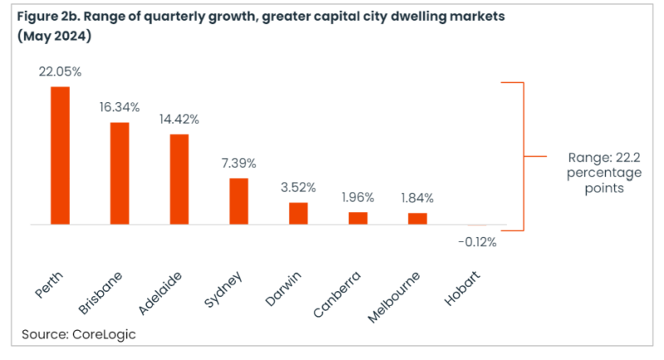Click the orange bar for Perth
[61, 155]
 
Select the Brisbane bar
[120, 173]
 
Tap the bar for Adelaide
[179, 179]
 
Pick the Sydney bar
[239, 202]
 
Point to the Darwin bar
[298, 213]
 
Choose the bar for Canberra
[358, 218]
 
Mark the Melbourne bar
[417, 219]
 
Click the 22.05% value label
[61, 72]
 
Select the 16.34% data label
[120, 108]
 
